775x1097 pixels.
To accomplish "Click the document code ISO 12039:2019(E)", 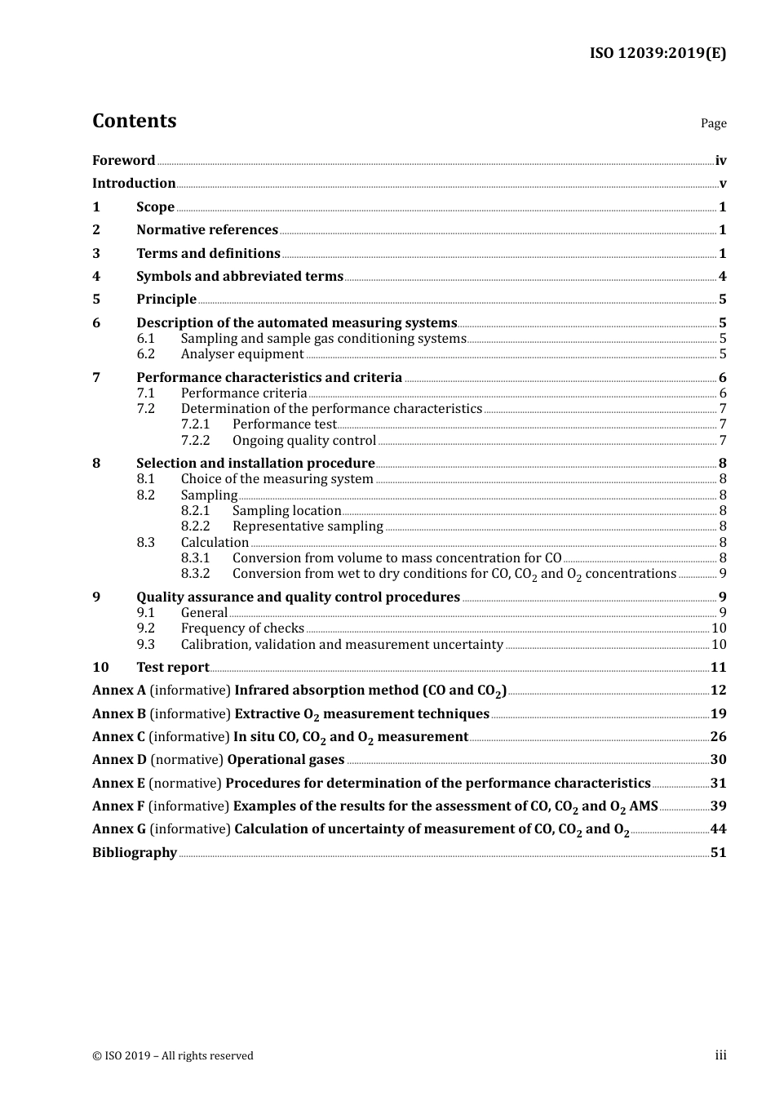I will (658, 53).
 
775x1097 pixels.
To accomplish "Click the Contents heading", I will (134, 121).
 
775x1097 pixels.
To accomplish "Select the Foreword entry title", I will (123, 161).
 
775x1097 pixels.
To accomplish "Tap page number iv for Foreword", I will (720, 161).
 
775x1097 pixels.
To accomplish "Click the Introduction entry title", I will (134, 184).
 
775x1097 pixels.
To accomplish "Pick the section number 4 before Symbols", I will (96, 277).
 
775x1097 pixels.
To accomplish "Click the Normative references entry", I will (207, 230).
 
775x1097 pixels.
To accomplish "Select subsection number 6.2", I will (145, 354).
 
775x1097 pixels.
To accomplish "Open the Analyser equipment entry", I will (242, 354).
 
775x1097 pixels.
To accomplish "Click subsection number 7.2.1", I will (195, 424).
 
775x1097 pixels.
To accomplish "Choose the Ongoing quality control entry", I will (304, 441).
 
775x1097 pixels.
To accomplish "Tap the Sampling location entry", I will (286, 511).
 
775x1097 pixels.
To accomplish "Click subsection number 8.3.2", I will (195, 574).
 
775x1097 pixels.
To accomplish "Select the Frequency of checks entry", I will (242, 628).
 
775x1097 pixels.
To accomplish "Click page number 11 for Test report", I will (718, 668).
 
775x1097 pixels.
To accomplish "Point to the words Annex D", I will (119, 760).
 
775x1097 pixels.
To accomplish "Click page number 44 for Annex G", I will (718, 829).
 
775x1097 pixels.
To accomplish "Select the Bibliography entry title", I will (135, 853).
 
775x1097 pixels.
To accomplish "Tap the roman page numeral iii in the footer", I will (720, 1055).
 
